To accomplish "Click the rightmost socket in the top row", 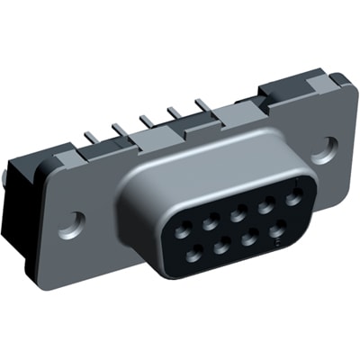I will (x=292, y=196).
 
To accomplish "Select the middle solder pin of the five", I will (x=143, y=120).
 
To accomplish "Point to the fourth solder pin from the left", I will (x=172, y=112).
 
